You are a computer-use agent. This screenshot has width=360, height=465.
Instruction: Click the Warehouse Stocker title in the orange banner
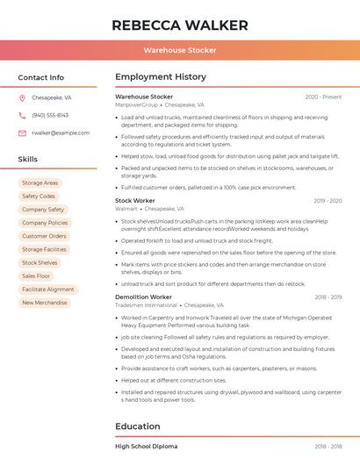click(180, 50)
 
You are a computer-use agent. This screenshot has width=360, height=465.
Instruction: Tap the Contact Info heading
click(41, 77)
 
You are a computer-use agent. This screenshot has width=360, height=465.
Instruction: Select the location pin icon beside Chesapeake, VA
click(22, 98)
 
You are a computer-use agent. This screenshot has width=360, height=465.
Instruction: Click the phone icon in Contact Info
click(22, 116)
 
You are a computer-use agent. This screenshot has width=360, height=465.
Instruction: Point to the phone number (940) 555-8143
click(50, 116)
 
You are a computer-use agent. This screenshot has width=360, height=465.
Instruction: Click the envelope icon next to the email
click(22, 133)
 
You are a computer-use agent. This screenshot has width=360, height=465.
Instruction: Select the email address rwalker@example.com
click(61, 133)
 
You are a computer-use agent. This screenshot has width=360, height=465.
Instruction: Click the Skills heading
click(28, 160)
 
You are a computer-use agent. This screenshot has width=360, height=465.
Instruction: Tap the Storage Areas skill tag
click(40, 183)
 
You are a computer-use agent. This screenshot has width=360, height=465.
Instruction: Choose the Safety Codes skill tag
click(39, 197)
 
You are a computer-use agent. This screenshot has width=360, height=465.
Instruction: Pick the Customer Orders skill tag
click(44, 236)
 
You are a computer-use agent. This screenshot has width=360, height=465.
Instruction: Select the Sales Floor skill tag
click(37, 276)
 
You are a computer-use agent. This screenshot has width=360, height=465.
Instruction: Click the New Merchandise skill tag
click(45, 303)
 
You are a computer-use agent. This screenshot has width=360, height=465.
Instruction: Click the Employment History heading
click(161, 77)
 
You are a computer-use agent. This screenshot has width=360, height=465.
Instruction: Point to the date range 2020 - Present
click(323, 97)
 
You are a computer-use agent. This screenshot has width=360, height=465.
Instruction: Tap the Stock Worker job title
click(135, 201)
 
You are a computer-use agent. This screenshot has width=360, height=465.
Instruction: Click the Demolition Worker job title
click(143, 297)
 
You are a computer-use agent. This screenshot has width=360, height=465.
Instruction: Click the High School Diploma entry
click(146, 447)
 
